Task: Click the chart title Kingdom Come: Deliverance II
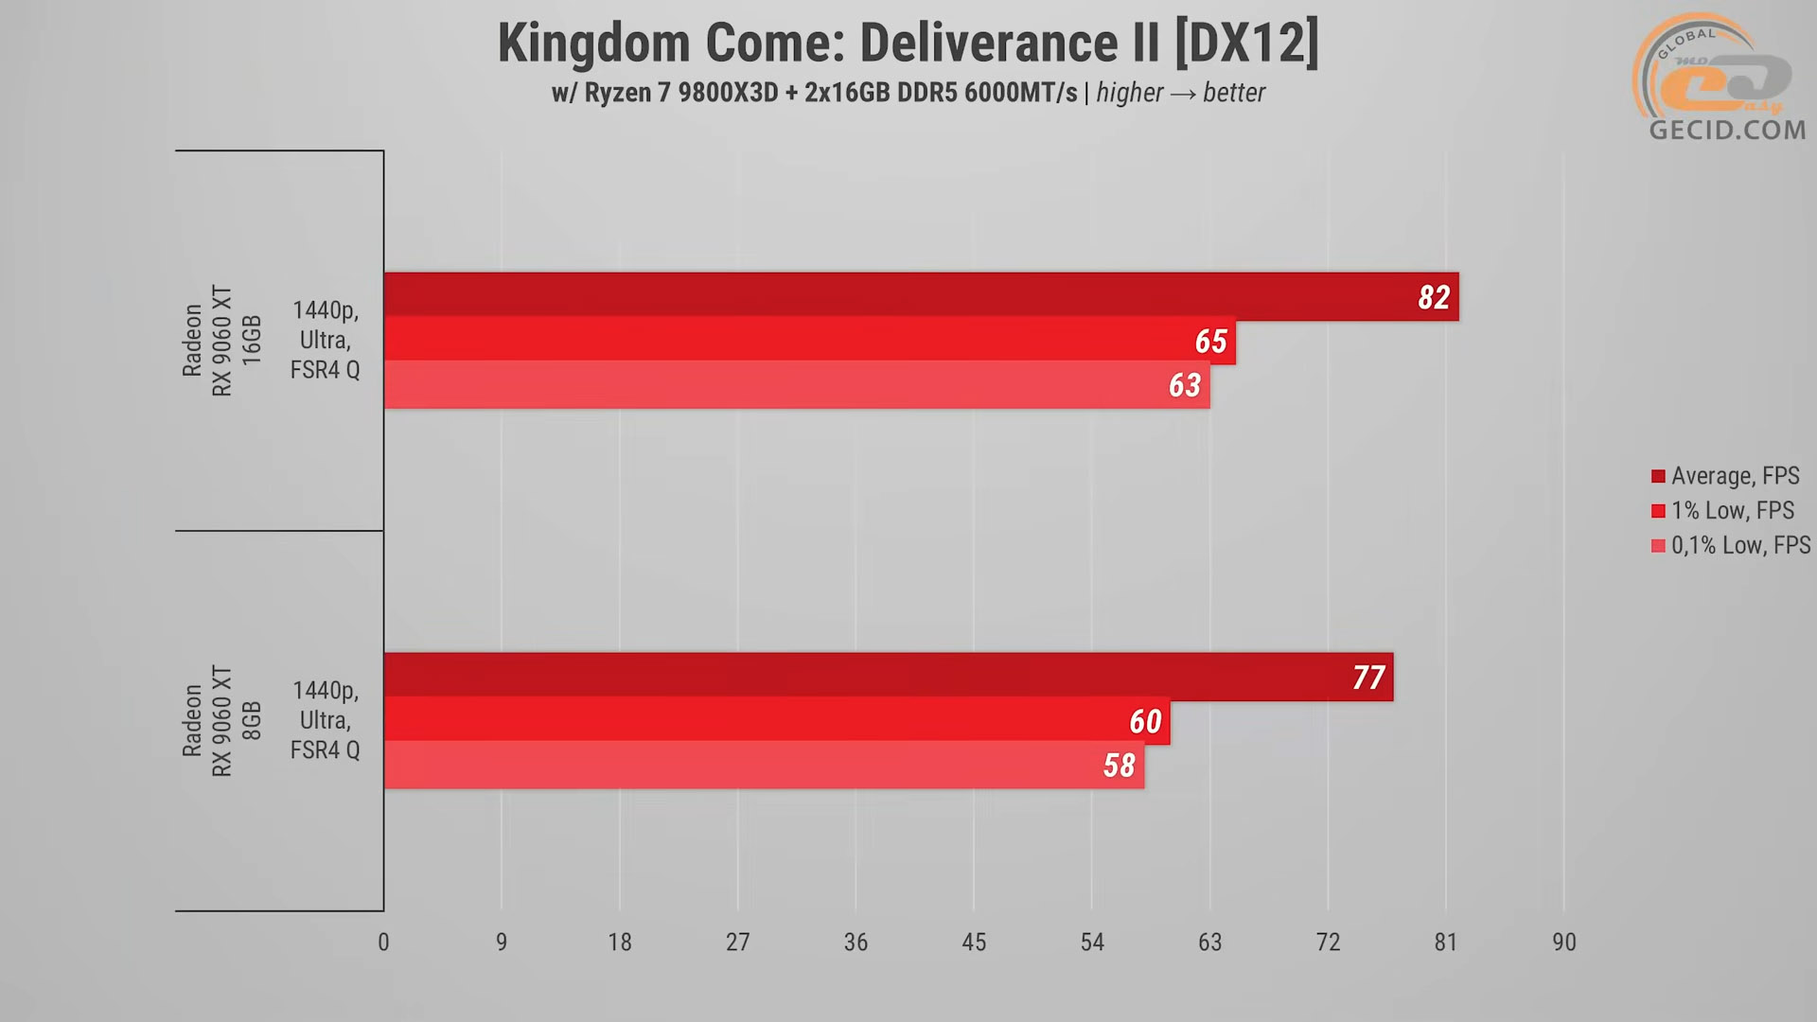point(908,44)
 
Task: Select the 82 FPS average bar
point(921,295)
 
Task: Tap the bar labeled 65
point(809,340)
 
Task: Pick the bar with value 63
point(797,384)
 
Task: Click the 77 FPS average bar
point(888,676)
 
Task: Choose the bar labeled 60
point(776,720)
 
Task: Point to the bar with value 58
point(764,765)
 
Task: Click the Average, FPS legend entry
point(1725,476)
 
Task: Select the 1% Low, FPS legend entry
point(1722,511)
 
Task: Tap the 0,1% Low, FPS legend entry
point(1731,546)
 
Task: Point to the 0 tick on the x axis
point(383,943)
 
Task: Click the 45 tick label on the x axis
point(974,943)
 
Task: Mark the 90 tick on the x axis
point(1564,943)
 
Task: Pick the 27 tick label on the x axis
point(738,943)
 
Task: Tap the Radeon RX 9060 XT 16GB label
point(221,341)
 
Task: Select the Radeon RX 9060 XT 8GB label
point(221,721)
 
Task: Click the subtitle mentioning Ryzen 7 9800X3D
point(908,93)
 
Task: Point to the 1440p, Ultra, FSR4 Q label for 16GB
point(325,340)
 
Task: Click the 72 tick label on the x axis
point(1328,943)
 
